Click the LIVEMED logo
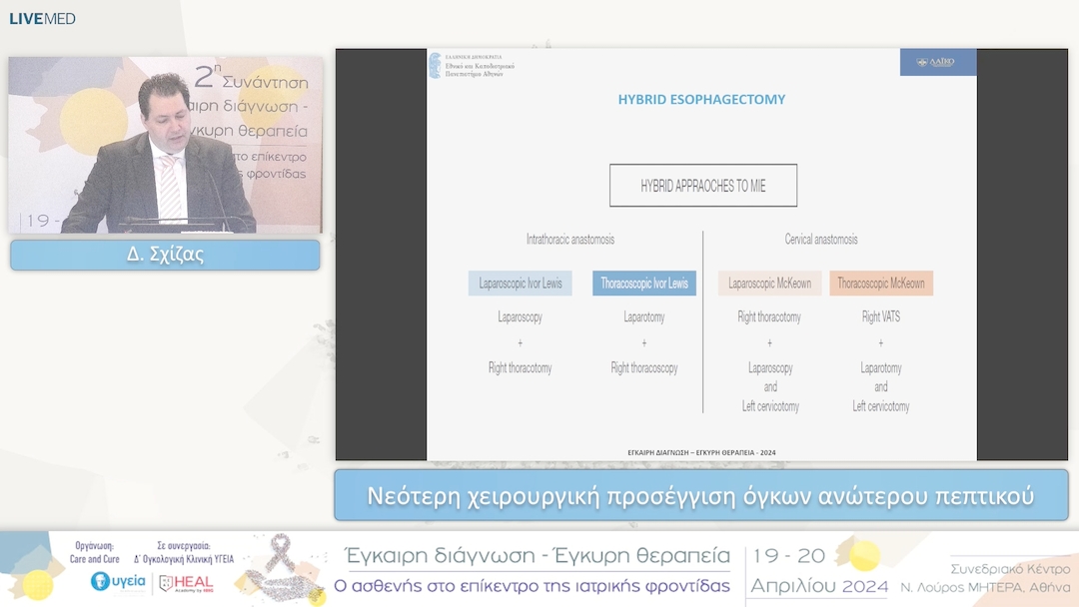[x=42, y=18]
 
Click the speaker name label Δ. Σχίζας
[x=165, y=255]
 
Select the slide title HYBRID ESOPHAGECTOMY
[x=701, y=100]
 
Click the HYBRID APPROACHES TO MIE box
[x=703, y=186]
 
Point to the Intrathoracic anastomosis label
[x=570, y=240]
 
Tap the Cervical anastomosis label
[x=821, y=240]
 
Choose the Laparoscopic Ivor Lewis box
[x=521, y=284]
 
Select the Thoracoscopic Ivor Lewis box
[x=644, y=284]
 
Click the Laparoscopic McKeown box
[x=769, y=284]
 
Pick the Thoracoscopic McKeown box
[x=881, y=284]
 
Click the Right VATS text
[x=880, y=317]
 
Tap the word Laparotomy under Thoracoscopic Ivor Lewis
[x=644, y=317]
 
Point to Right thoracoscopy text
[x=644, y=368]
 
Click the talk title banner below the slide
[x=700, y=495]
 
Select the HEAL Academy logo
[x=186, y=583]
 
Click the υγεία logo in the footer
[x=118, y=581]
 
